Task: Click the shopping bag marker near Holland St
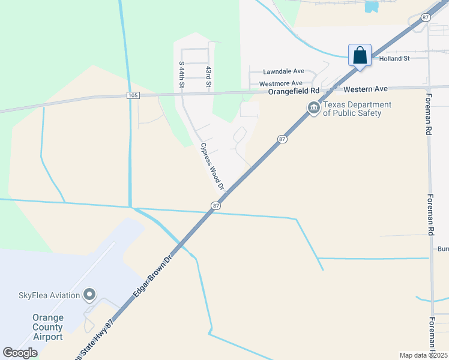pos(360,56)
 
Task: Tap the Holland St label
pos(394,59)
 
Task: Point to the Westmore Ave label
pos(281,83)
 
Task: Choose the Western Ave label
pos(366,89)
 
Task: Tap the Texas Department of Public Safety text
pos(357,109)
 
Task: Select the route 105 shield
pos(133,95)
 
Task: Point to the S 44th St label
pos(182,73)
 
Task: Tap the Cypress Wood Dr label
pos(212,166)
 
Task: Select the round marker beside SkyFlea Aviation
pos(89,295)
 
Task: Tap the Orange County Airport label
pos(48,327)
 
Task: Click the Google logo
pos(20,353)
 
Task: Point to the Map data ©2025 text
pos(423,355)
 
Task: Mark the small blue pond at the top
pos(372,7)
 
